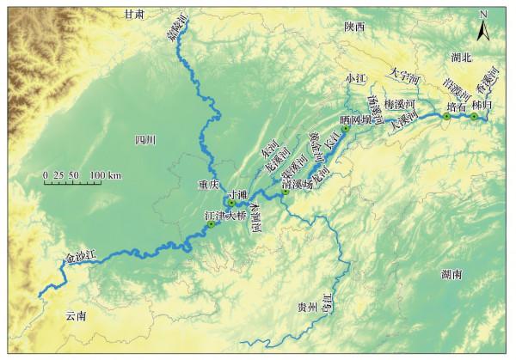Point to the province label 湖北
coord(462,57)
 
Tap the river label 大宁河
coord(403,79)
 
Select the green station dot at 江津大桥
coord(211,224)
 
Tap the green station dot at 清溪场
coord(285,192)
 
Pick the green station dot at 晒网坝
coord(346,129)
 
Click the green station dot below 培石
coord(446,118)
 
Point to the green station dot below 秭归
coord(474,116)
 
